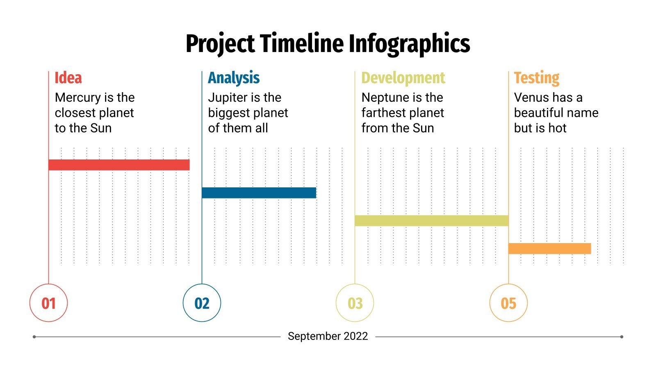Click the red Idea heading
[68, 78]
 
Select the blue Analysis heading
[234, 78]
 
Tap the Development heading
[403, 78]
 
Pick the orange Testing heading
[537, 78]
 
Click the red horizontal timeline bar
[119, 165]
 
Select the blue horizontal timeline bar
[259, 193]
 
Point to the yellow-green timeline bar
[431, 221]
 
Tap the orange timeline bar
[549, 248]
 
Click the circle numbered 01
[48, 303]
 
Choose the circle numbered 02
[202, 303]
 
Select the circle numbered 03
[355, 303]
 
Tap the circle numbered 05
[508, 303]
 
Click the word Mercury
[77, 98]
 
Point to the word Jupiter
[228, 98]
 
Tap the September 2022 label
[328, 336]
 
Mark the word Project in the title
[220, 44]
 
